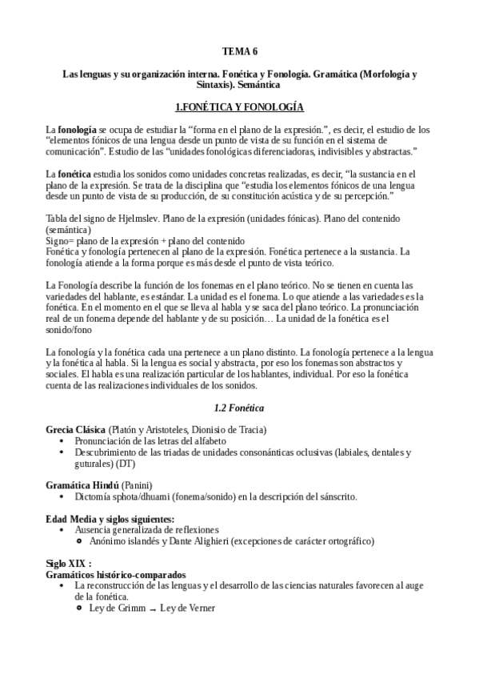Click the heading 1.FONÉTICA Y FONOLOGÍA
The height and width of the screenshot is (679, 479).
(x=239, y=106)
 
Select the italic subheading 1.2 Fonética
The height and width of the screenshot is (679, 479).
(x=239, y=408)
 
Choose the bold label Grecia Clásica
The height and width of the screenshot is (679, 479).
(x=76, y=431)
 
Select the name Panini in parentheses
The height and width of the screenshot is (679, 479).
(x=134, y=485)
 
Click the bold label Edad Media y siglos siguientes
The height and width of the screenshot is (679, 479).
(x=110, y=519)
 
